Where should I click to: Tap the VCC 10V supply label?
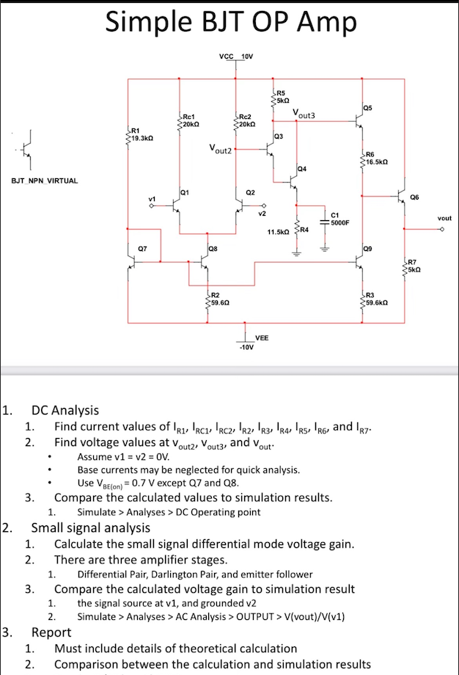(236, 56)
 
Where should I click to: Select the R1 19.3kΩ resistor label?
(141, 134)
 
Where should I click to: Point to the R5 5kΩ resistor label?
(284, 95)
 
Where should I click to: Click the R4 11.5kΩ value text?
(278, 232)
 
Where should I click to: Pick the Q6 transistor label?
(415, 197)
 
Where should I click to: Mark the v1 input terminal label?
(153, 199)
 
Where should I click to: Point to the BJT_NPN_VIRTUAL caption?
(44, 180)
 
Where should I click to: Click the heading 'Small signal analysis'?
(90, 528)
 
